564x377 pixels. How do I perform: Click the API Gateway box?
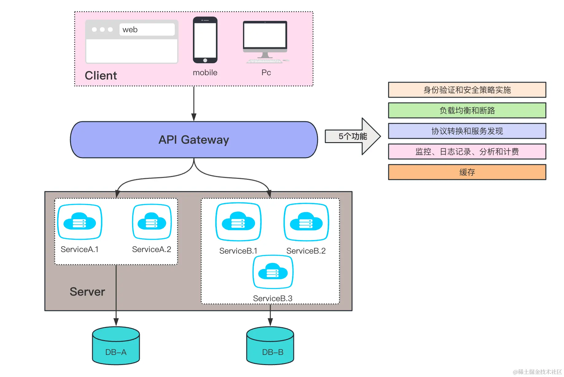[x=194, y=140]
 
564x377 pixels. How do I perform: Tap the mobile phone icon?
[x=205, y=40]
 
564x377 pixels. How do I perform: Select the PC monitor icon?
[x=265, y=42]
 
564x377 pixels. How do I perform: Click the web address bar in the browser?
[x=147, y=29]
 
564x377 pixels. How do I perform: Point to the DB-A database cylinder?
[x=116, y=346]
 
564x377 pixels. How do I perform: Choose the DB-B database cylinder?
[x=270, y=346]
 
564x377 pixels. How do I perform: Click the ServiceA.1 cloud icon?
[x=80, y=222]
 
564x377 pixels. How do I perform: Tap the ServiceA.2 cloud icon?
[x=152, y=222]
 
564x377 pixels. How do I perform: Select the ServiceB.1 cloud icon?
[x=238, y=222]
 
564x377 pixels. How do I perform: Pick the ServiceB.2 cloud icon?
[x=306, y=222]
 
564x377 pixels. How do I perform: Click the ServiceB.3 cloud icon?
[x=273, y=272]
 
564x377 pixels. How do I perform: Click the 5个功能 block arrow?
[x=353, y=136]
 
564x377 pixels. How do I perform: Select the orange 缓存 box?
[x=467, y=172]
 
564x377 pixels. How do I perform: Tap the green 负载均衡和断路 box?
[x=467, y=110]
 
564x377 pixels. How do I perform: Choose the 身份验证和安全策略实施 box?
[x=467, y=90]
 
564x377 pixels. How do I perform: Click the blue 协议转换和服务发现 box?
[x=467, y=131]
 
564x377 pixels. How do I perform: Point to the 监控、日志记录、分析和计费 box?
[x=467, y=151]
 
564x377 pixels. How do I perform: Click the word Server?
[x=87, y=292]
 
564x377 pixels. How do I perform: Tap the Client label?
[x=101, y=76]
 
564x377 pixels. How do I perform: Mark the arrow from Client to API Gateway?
[x=194, y=104]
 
